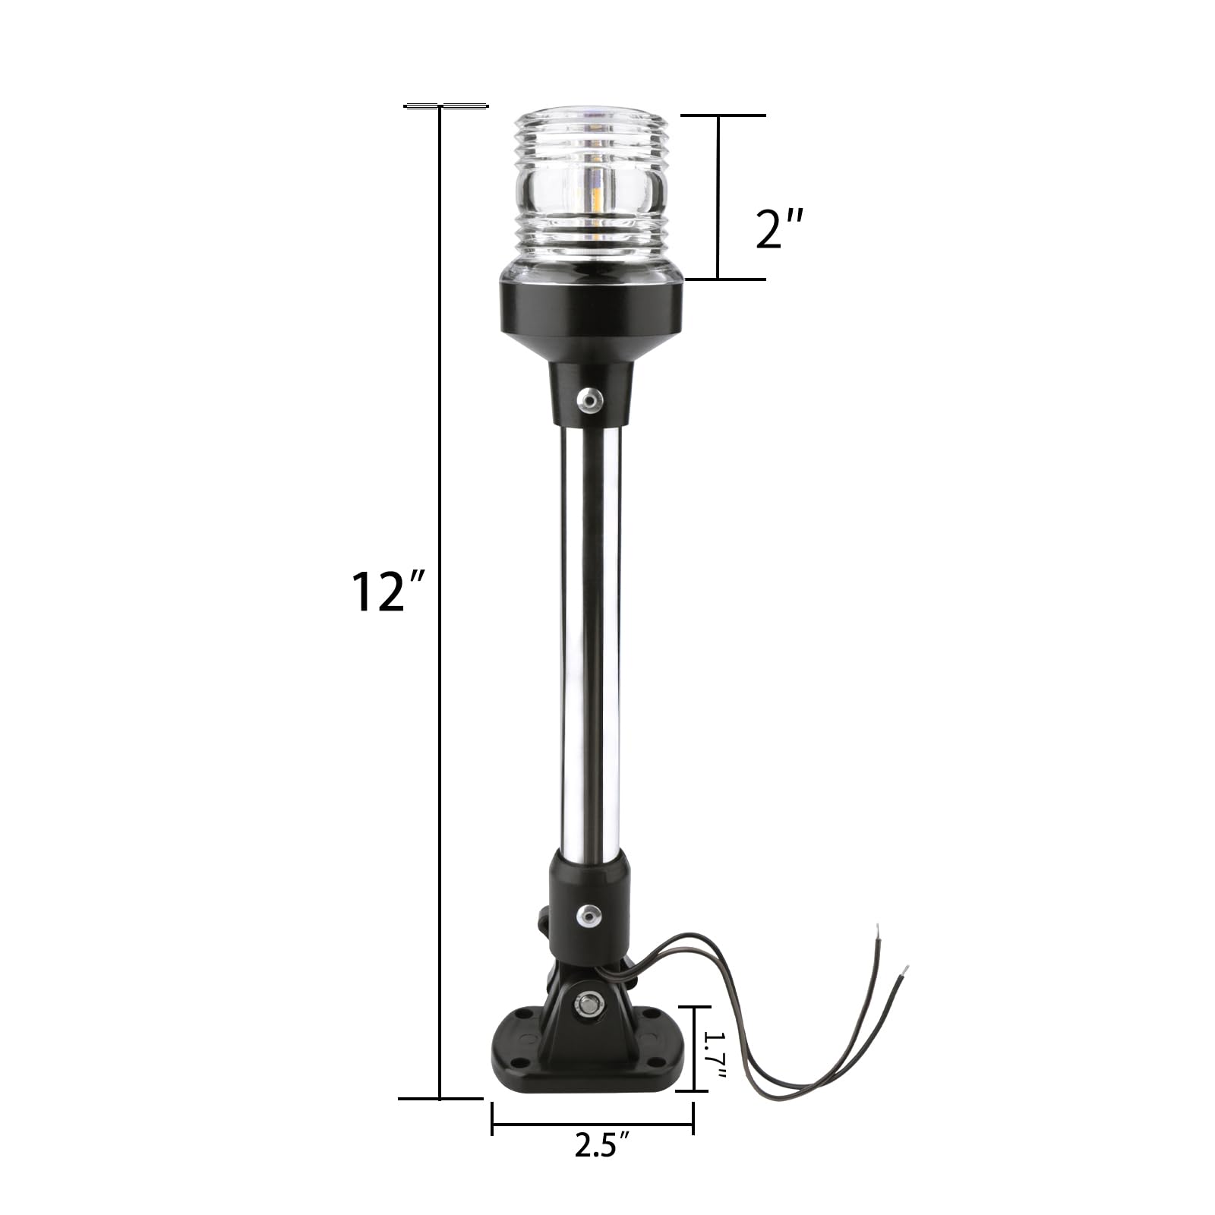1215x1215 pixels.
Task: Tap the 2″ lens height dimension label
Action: [779, 229]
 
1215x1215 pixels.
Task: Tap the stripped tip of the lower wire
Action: [904, 970]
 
